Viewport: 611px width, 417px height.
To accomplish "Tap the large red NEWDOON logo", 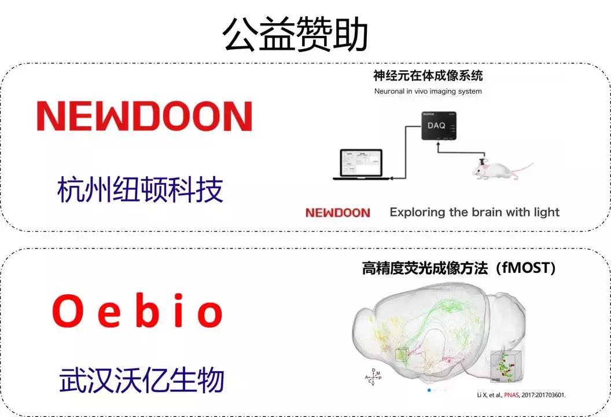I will (144, 116).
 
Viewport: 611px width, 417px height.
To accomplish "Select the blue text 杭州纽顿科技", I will (141, 189).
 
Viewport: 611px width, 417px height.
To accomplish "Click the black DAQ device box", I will (438, 126).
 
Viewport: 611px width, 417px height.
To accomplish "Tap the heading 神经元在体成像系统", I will (428, 75).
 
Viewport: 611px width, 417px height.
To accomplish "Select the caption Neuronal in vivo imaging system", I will (428, 91).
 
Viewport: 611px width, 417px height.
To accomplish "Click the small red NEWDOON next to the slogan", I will (337, 213).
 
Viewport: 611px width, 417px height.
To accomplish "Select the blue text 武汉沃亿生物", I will (141, 382).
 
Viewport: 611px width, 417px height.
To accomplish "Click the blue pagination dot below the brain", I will (429, 390).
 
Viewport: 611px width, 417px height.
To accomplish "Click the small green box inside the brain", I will (401, 354).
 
